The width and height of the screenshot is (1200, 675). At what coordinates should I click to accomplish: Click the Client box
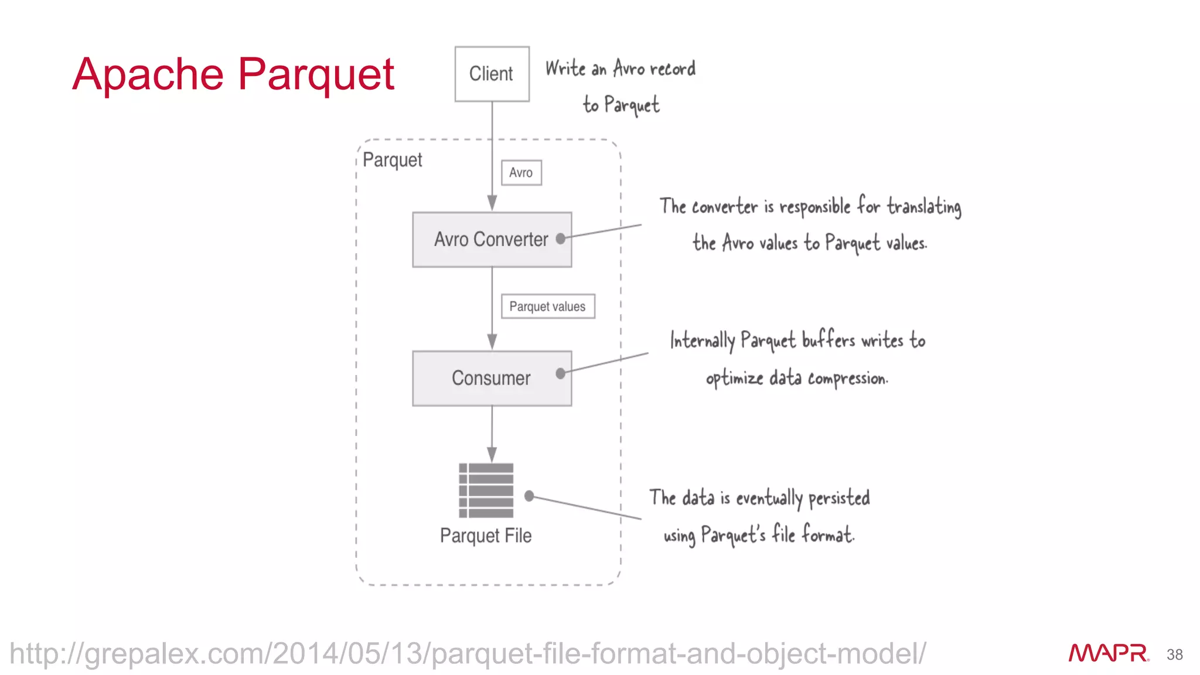click(492, 74)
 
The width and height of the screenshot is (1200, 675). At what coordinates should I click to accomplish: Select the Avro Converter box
click(492, 240)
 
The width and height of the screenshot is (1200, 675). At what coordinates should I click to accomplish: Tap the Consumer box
click(492, 379)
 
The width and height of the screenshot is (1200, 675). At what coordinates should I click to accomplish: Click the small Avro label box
click(521, 173)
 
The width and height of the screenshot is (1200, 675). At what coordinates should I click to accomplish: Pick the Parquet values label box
click(547, 306)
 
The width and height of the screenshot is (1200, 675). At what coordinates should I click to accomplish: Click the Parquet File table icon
click(486, 490)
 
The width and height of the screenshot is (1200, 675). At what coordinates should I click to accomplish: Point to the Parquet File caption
click(486, 536)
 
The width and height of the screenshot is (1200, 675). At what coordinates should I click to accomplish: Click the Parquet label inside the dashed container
click(392, 160)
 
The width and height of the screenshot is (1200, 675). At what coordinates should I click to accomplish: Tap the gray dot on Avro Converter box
click(561, 238)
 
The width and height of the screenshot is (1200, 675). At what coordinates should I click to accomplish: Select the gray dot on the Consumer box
click(561, 373)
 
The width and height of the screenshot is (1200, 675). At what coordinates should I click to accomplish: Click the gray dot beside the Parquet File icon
click(529, 496)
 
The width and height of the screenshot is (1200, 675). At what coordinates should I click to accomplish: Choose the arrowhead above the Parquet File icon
click(492, 455)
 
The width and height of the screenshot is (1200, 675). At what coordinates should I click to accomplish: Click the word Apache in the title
click(148, 74)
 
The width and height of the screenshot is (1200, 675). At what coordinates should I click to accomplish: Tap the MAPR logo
click(1107, 653)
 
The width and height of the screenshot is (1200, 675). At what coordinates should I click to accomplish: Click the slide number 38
click(1174, 654)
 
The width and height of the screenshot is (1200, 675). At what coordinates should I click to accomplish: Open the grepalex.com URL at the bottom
click(468, 653)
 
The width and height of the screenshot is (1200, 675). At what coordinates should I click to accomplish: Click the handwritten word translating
click(923, 207)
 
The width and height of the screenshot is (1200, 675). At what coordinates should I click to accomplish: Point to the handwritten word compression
click(847, 379)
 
